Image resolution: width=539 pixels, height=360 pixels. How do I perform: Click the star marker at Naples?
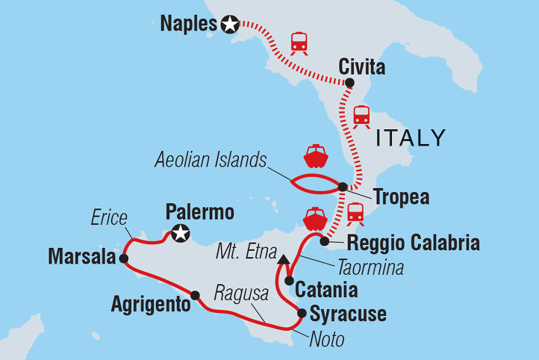click(x=228, y=25)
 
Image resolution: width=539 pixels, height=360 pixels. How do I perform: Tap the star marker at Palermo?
click(x=179, y=235)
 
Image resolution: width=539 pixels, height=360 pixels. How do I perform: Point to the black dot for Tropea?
click(x=342, y=187)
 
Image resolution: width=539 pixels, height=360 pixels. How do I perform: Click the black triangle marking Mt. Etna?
click(x=284, y=260)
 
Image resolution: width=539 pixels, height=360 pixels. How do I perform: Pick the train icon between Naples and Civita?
click(x=299, y=43)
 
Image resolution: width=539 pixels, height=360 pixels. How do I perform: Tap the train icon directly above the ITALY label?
click(x=361, y=116)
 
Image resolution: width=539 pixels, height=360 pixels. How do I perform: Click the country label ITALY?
click(x=410, y=137)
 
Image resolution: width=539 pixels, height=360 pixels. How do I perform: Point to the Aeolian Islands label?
click(x=211, y=159)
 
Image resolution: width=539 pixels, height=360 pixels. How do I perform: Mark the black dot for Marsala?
click(x=123, y=258)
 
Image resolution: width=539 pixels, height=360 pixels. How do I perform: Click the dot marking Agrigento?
click(x=195, y=295)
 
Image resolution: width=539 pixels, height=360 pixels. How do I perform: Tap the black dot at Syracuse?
click(x=302, y=313)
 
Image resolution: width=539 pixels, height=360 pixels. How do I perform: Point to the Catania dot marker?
click(x=288, y=282)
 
